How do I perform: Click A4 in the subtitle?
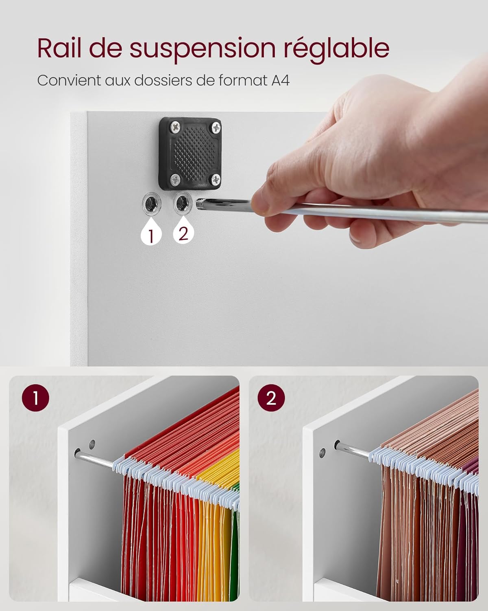point(281,80)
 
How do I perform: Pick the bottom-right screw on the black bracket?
point(216,179)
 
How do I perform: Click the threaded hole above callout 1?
point(151,204)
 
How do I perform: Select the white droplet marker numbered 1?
point(151,233)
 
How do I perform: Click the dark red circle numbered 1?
point(35,398)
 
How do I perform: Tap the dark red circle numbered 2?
point(271,398)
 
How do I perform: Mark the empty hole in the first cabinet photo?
point(92,445)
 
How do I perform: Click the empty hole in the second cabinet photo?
point(322,453)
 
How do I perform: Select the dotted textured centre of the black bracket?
point(194,153)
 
